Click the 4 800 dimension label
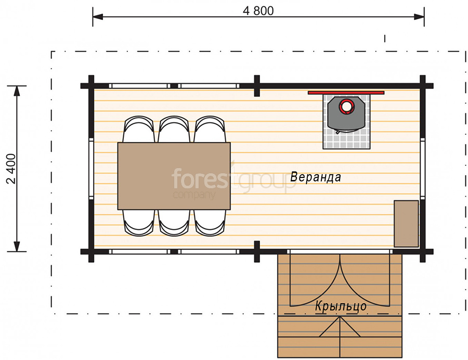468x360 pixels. (x=258, y=11)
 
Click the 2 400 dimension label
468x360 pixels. (x=11, y=169)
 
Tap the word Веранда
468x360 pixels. (x=316, y=177)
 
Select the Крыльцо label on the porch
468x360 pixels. (x=341, y=306)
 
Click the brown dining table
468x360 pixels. (x=174, y=176)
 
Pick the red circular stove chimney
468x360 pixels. (x=346, y=106)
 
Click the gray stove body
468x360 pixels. (x=346, y=115)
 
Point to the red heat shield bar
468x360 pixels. (x=346, y=93)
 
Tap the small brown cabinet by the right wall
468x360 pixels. (x=406, y=224)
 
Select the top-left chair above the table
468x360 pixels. (x=139, y=129)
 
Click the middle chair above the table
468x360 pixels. (x=174, y=129)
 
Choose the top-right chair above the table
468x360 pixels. (x=210, y=129)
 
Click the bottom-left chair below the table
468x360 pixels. (x=139, y=223)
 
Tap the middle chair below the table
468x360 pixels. (x=174, y=223)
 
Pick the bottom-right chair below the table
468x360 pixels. (x=210, y=223)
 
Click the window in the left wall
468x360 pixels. (x=92, y=169)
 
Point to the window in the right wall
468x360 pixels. (x=423, y=169)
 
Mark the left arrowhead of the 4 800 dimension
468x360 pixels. (x=98, y=17)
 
